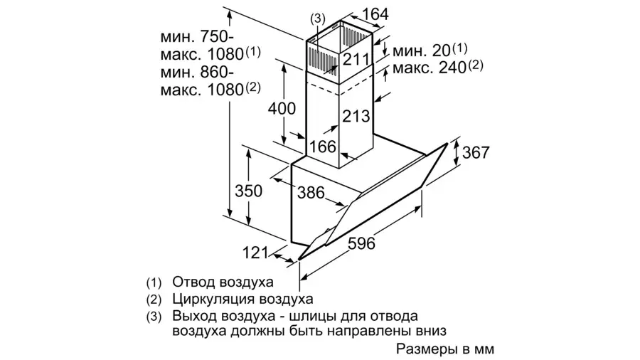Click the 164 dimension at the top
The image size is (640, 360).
click(375, 14)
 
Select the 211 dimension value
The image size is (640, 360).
click(356, 60)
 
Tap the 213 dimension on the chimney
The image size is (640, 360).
click(356, 117)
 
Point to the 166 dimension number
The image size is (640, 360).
click(322, 147)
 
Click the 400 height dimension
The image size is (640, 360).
click(282, 109)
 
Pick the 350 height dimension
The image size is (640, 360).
click(249, 191)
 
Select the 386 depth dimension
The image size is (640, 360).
click(311, 193)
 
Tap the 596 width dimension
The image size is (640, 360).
click(361, 243)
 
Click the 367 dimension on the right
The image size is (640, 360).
click(476, 153)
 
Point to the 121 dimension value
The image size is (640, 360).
click(255, 253)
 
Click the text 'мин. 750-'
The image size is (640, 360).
click(197, 37)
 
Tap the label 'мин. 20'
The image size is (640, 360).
click(421, 51)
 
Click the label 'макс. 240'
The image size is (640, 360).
click(430, 68)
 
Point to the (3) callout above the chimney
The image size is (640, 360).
click(318, 18)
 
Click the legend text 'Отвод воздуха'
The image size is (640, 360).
click(223, 282)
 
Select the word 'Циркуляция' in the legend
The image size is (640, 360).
click(210, 299)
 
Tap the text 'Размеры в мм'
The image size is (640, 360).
click(445, 349)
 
